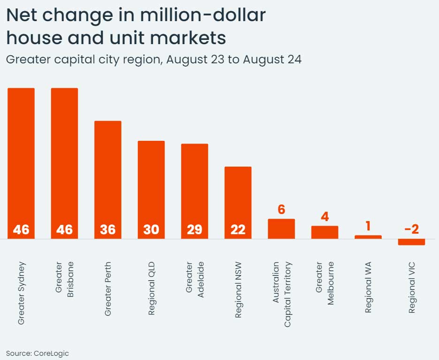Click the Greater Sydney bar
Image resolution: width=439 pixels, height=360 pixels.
[21, 160]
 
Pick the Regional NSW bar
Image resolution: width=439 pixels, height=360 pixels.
[238, 199]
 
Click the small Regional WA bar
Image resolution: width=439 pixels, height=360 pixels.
[368, 237]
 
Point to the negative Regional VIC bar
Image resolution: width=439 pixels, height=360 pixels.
[411, 242]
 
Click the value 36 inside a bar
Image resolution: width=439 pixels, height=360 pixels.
[108, 230]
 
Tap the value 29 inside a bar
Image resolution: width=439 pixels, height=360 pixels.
[195, 230]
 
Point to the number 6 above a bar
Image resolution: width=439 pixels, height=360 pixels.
[281, 209]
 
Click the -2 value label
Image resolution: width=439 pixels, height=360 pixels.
[411, 229]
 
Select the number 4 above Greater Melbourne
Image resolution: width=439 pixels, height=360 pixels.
[325, 217]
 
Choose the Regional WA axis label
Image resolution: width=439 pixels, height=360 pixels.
[368, 289]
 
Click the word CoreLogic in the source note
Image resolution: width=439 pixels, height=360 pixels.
[51, 353]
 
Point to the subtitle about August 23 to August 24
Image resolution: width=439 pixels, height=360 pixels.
[153, 60]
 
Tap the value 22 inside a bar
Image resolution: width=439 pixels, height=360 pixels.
[238, 230]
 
